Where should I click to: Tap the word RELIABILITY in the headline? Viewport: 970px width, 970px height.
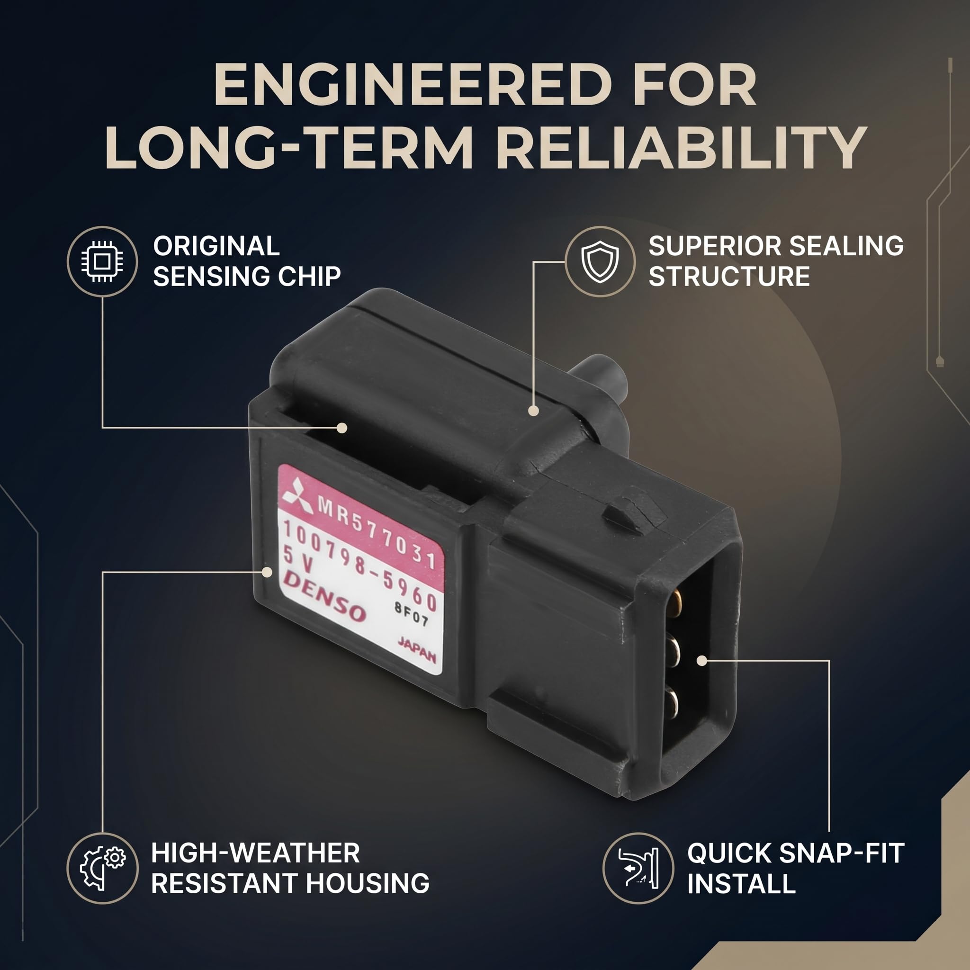coord(684,148)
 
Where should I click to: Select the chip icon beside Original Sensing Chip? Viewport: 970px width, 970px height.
coord(102,261)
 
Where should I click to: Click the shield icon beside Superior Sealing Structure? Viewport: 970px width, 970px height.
coord(600,261)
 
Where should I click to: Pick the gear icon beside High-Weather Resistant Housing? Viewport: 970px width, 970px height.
coord(102,868)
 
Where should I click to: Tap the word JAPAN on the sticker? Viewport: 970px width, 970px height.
coord(417,650)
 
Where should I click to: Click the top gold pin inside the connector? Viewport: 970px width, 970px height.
coord(675,603)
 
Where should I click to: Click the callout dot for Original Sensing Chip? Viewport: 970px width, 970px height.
coord(342,428)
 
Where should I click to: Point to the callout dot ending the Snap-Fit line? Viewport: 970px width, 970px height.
coord(702,661)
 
